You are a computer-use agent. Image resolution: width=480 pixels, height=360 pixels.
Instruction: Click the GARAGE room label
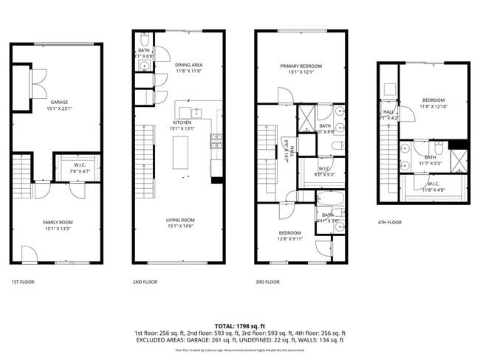tap(59, 103)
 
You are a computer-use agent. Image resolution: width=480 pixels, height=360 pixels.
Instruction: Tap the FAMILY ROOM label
tap(58, 221)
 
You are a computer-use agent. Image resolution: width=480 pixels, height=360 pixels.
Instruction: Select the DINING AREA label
tap(188, 65)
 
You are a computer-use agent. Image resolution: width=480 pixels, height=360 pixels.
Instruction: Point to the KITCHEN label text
tap(182, 122)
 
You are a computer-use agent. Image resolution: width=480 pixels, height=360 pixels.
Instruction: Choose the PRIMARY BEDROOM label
tap(296, 66)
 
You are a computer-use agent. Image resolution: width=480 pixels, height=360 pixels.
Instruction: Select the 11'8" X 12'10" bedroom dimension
tap(433, 106)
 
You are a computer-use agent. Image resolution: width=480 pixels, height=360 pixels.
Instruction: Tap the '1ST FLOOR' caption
tap(23, 282)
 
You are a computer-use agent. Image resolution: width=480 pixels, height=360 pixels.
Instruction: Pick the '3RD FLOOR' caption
tap(267, 282)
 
